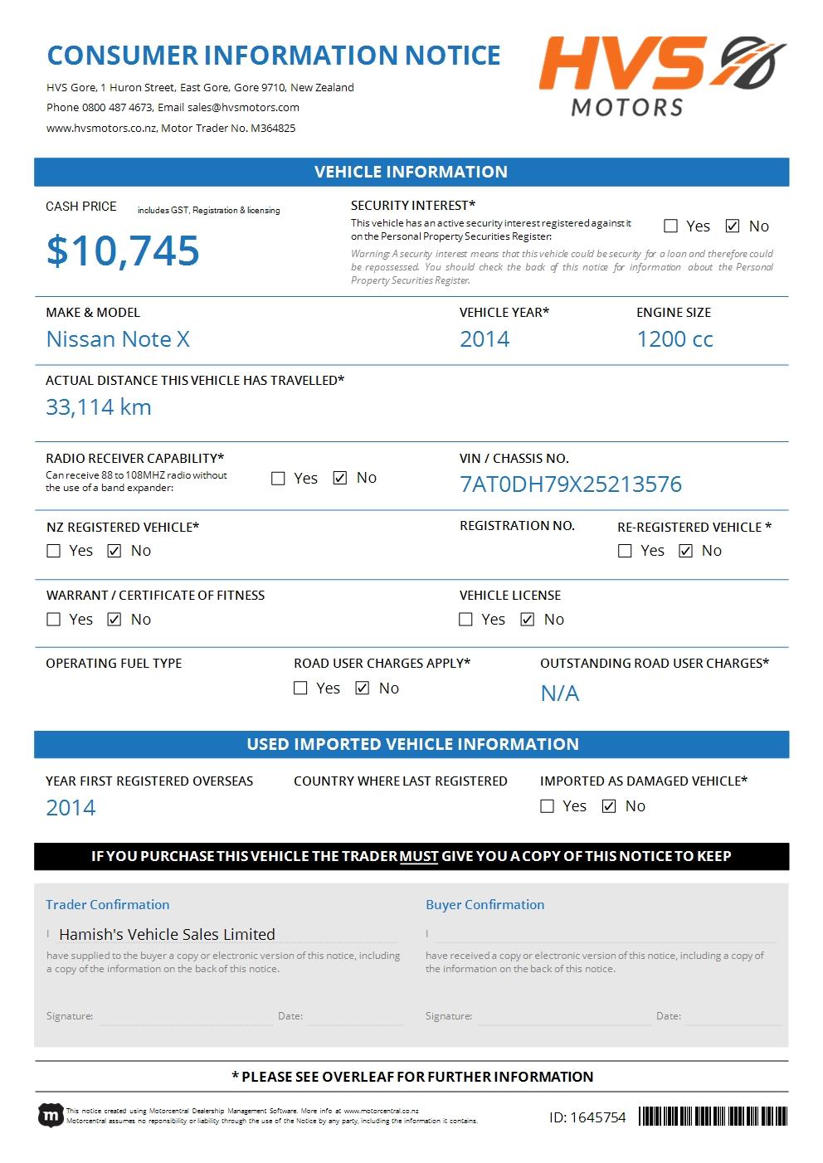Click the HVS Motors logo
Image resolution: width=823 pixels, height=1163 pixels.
point(661,75)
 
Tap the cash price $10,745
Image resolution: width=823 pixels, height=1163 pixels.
point(123,251)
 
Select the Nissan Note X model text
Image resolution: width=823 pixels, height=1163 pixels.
point(118,339)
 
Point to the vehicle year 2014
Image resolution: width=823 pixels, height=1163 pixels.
point(485,339)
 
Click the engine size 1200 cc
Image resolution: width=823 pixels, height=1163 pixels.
point(674,339)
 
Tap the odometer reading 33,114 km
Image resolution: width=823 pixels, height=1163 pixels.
point(99,407)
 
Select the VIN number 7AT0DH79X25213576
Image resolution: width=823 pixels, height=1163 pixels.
point(571,484)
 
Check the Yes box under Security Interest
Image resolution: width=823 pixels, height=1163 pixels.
point(671,226)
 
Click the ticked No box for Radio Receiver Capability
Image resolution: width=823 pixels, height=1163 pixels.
point(340,478)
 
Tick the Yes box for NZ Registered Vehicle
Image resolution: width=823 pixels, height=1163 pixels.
point(54,551)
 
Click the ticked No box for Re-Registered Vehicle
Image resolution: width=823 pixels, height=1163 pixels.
point(685,551)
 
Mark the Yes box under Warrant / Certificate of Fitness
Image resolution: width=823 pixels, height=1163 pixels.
point(54,620)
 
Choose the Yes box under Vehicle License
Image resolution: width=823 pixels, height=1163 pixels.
point(466,620)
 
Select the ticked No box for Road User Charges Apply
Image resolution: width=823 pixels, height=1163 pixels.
point(363,689)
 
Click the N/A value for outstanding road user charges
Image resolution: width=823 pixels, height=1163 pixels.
point(560,693)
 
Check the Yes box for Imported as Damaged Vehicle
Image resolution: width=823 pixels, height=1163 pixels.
point(547,806)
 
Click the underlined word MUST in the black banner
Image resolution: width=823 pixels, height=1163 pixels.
point(419,856)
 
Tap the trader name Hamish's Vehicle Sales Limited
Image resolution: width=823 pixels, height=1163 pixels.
point(167,934)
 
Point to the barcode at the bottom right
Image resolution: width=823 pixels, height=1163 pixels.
point(713,1117)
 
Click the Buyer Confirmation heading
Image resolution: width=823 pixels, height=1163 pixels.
point(485,905)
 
